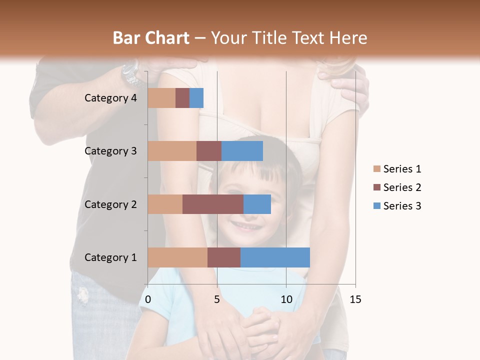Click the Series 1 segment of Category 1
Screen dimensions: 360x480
point(177,257)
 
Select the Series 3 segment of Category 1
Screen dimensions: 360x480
point(275,257)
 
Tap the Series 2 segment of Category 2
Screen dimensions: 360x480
point(213,204)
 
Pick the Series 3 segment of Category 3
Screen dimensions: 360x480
point(242,151)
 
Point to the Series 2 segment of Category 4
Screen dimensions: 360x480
point(182,98)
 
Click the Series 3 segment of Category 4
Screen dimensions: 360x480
point(196,98)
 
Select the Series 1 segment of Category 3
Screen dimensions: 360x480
point(172,151)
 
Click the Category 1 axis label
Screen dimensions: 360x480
point(110,257)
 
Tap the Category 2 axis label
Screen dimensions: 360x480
point(110,204)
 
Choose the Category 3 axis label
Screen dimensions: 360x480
point(110,151)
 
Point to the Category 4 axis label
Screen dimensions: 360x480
point(110,98)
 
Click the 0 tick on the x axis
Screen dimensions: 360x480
point(148,299)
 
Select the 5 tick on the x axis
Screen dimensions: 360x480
point(217,299)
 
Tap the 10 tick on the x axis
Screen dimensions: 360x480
point(286,299)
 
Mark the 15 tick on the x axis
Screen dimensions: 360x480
point(355,299)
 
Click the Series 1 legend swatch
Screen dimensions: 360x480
point(376,169)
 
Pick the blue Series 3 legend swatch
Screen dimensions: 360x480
point(376,206)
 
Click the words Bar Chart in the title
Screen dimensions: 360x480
point(151,37)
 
